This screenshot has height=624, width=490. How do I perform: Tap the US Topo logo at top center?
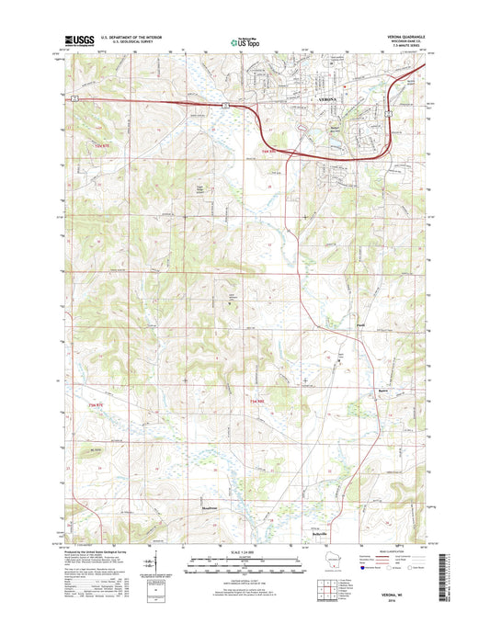tap(244, 41)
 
